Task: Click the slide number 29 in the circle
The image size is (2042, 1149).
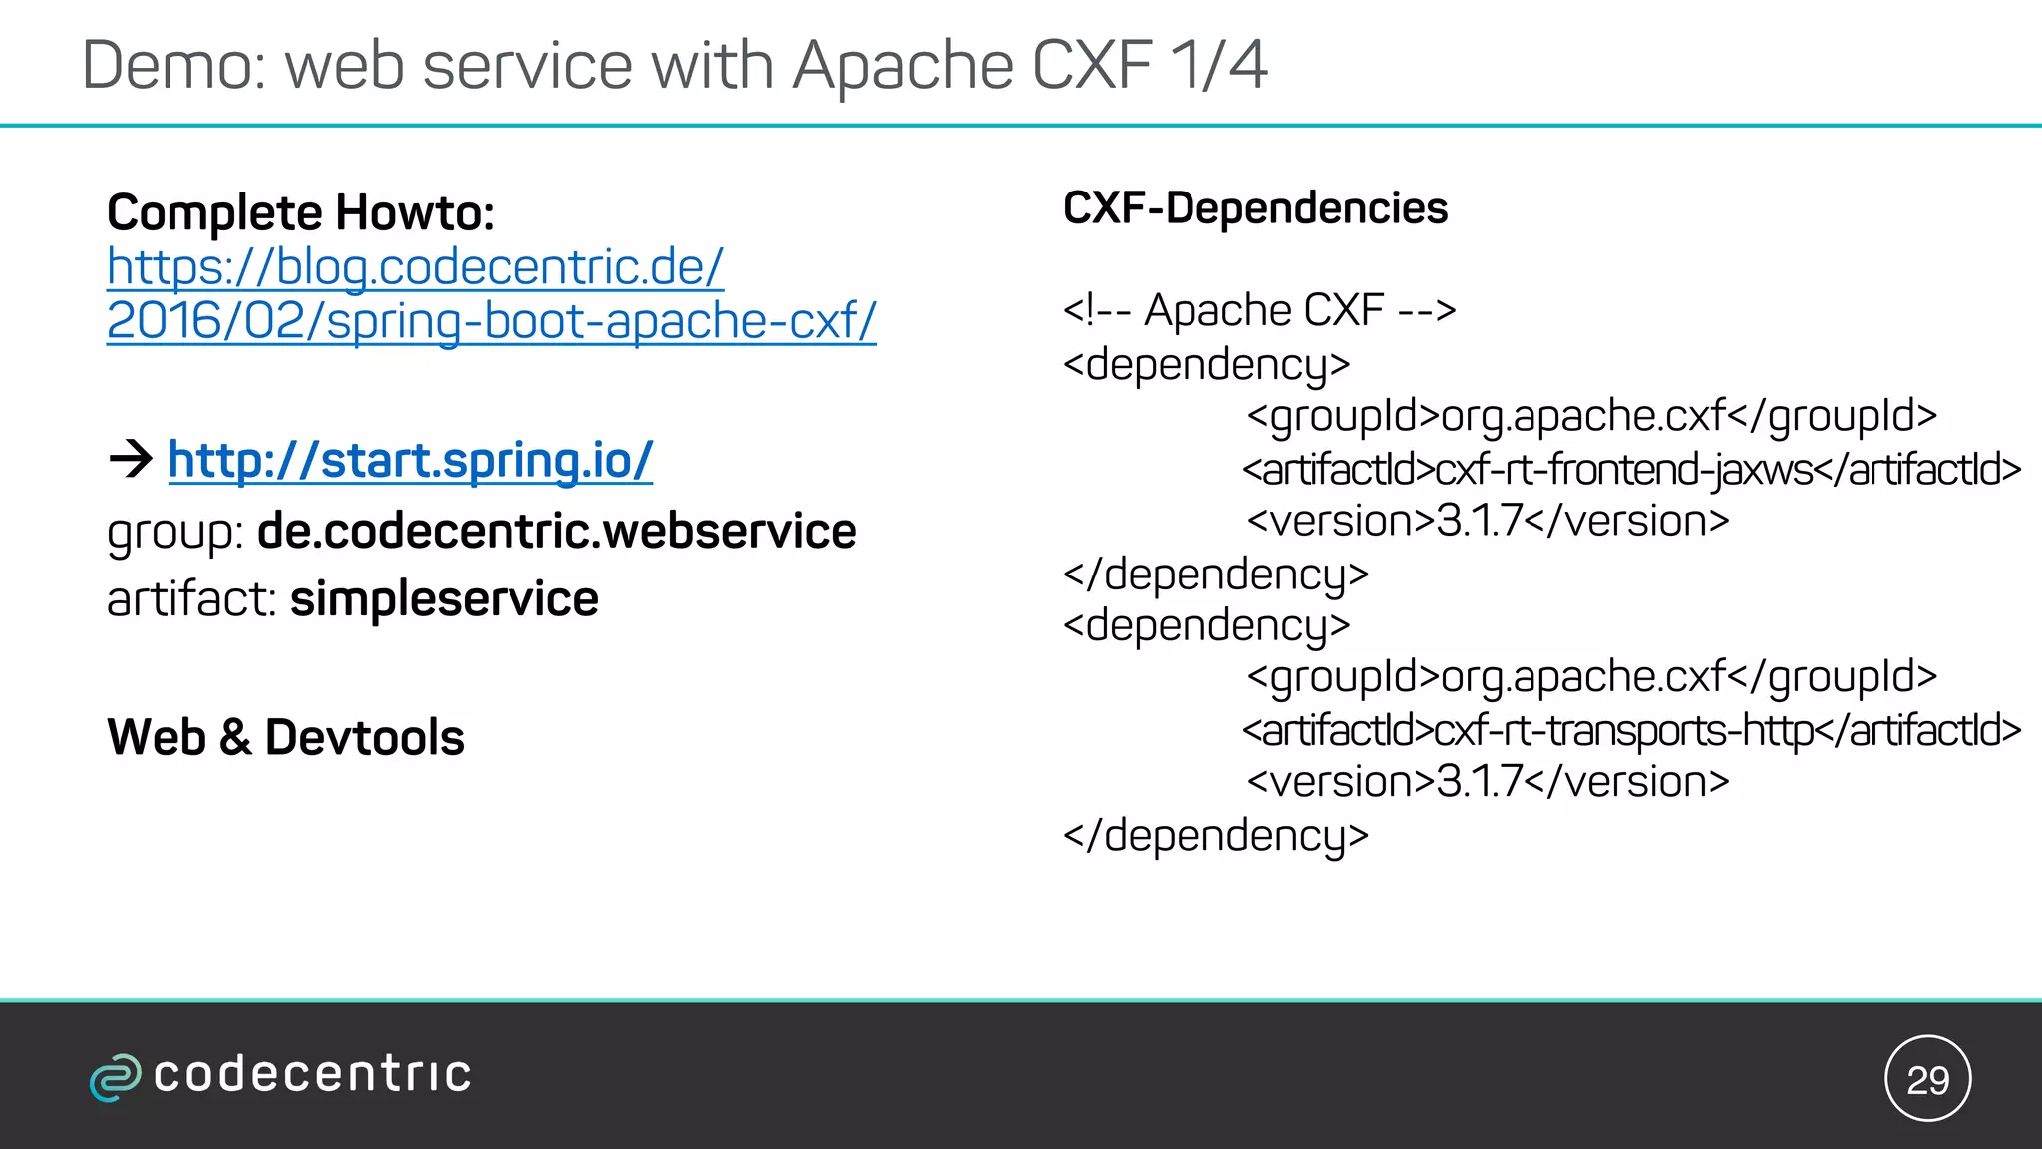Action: tap(1927, 1080)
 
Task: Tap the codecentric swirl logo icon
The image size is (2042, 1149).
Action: tap(115, 1077)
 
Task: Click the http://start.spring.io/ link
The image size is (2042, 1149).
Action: tap(410, 461)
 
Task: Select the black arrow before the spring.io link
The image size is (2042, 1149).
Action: tap(131, 459)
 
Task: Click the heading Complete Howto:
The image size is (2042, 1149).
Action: tap(300, 213)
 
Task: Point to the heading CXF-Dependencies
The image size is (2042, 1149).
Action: tap(1254, 208)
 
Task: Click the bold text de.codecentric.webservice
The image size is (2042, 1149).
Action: tap(556, 531)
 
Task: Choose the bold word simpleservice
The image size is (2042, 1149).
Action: tap(444, 599)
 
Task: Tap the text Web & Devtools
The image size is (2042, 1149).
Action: tap(285, 738)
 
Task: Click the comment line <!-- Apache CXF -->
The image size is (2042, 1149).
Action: tap(1258, 311)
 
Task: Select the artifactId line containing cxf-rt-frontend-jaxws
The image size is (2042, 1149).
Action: tap(1631, 469)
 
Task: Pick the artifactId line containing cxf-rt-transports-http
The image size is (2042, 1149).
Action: tap(1631, 731)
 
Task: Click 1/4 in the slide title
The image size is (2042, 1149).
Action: tap(1217, 66)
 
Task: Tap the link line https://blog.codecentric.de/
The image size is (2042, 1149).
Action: tap(415, 267)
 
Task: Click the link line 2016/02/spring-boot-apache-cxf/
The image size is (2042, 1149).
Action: tap(492, 321)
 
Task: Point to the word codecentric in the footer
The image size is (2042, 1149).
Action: tap(311, 1075)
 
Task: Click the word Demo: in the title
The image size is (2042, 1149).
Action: tap(174, 66)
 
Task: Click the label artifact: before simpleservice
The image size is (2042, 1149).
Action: tap(191, 599)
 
